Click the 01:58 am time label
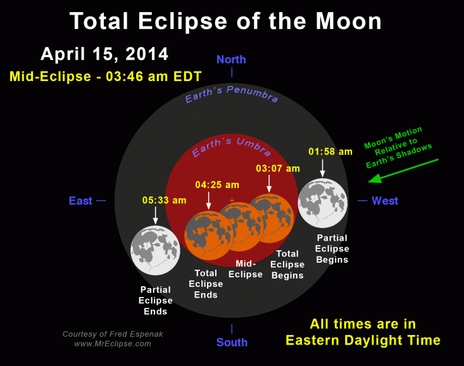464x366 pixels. pos(330,151)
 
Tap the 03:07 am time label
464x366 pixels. pos(277,168)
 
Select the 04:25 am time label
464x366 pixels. pos(217,185)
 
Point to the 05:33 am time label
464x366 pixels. pos(164,200)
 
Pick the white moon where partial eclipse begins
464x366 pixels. pos(322,203)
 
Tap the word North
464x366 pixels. pos(231,60)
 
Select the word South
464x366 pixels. pos(232,343)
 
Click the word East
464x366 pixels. pos(80,201)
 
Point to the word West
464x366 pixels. pos(385,201)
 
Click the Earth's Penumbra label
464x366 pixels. pos(231,97)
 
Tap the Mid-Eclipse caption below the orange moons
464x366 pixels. pos(249,269)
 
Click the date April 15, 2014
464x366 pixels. pos(104,54)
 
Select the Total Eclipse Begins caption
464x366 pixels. pos(287,264)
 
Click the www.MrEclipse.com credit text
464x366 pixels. pos(113,344)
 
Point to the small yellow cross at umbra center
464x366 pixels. pos(232,201)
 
